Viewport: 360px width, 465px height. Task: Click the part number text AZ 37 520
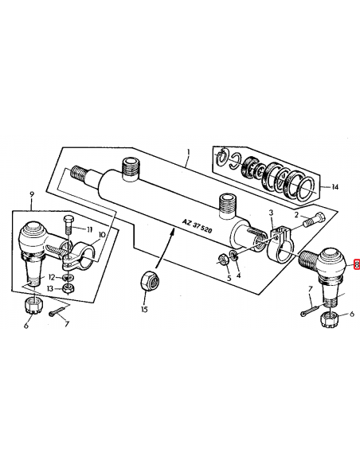point(197,226)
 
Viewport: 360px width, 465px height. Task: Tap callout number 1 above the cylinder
point(189,153)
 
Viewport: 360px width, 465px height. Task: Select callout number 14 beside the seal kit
point(335,187)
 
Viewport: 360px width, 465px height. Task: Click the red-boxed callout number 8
point(357,264)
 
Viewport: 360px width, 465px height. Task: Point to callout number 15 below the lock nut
point(144,309)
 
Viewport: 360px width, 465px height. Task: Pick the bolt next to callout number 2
point(314,219)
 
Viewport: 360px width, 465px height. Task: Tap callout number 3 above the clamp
point(271,213)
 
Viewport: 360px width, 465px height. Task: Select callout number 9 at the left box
point(32,195)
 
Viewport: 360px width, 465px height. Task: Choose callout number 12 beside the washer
point(52,278)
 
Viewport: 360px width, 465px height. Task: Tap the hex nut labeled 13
point(69,287)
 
